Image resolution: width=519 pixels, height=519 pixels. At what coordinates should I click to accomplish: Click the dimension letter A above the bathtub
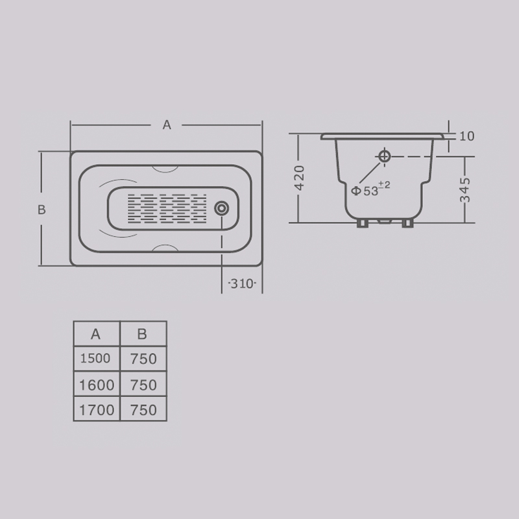click(167, 125)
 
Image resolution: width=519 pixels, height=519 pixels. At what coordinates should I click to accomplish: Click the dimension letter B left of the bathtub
click(42, 210)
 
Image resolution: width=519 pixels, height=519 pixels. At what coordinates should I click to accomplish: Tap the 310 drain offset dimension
click(242, 284)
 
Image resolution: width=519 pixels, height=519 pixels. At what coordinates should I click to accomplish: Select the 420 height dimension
click(299, 178)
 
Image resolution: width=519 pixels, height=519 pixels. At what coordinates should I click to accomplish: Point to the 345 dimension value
click(465, 189)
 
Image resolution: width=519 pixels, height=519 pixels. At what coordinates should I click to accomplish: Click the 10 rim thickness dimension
click(467, 136)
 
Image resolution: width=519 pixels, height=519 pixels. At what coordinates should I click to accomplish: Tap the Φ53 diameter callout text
click(370, 189)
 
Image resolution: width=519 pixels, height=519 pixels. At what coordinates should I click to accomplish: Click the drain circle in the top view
click(221, 208)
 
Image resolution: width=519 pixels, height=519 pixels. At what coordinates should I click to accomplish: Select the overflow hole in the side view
click(384, 156)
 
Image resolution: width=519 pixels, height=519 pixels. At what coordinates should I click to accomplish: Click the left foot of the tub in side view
click(363, 223)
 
